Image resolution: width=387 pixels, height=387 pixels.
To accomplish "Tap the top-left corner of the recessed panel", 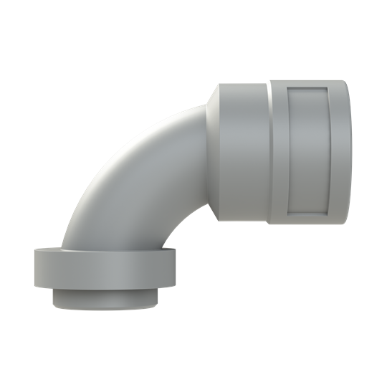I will (x=287, y=88).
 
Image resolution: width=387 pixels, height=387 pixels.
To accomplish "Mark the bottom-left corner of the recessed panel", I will (x=287, y=214).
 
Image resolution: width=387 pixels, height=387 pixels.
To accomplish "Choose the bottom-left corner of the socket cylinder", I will (x=219, y=219).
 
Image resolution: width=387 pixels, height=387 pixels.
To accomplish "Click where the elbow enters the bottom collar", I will (x=107, y=249).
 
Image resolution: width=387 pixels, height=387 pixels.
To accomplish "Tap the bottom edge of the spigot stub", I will (x=105, y=308).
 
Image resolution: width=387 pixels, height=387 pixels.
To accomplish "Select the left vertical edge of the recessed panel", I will (x=287, y=152).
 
